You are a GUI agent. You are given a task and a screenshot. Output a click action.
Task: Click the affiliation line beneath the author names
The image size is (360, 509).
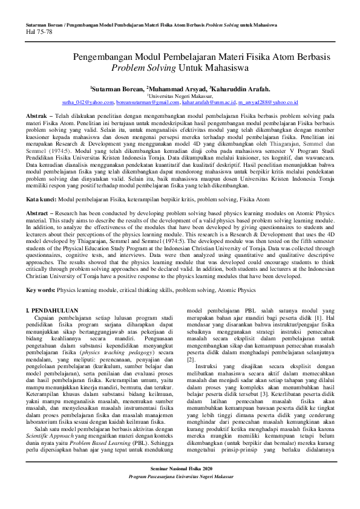[180, 96]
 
